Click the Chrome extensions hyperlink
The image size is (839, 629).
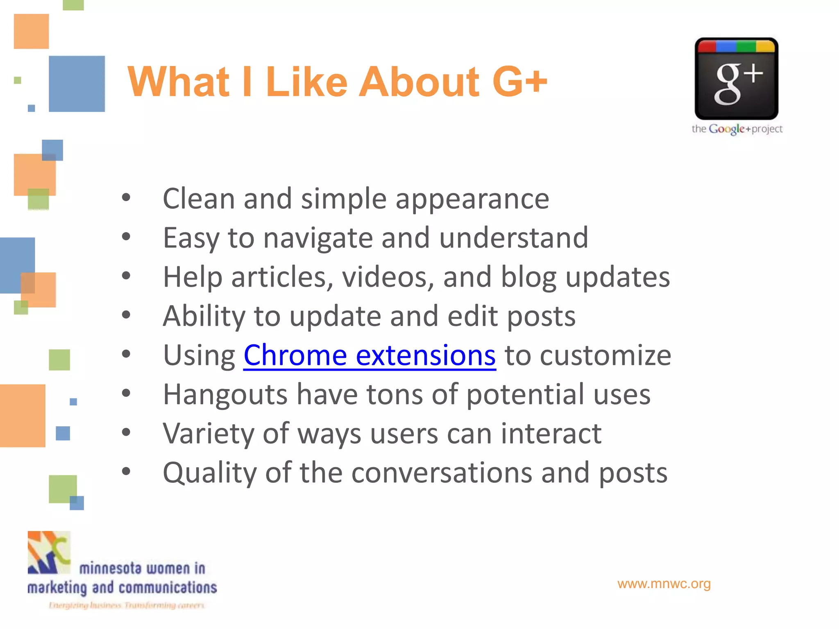370,355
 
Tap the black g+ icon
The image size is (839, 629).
736,79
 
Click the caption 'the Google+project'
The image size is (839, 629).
737,129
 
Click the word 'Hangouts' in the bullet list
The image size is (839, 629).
225,394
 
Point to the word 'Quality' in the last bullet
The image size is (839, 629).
209,473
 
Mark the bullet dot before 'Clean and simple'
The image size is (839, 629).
126,198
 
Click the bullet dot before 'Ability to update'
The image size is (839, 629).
126,315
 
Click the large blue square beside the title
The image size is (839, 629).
77,84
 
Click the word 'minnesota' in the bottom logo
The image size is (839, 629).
110,568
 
